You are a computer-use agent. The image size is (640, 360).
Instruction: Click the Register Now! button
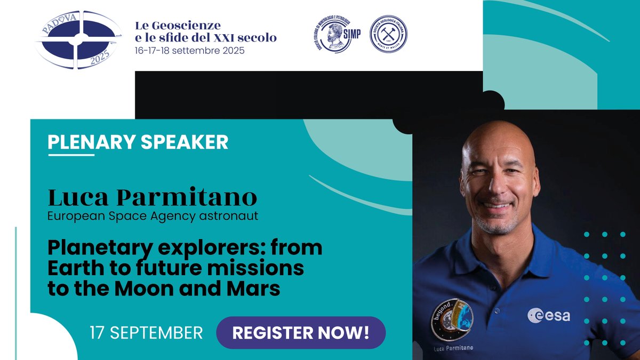pos(301,333)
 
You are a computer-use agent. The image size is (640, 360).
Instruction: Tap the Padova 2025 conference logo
pos(78,40)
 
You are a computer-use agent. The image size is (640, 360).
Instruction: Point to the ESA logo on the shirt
pos(549,315)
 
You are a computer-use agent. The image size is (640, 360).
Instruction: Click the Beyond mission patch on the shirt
pos(452,319)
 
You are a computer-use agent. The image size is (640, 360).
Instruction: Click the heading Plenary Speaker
pos(138,142)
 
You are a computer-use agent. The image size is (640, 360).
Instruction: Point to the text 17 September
pos(146,333)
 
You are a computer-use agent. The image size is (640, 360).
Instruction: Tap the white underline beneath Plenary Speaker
pos(71,155)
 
